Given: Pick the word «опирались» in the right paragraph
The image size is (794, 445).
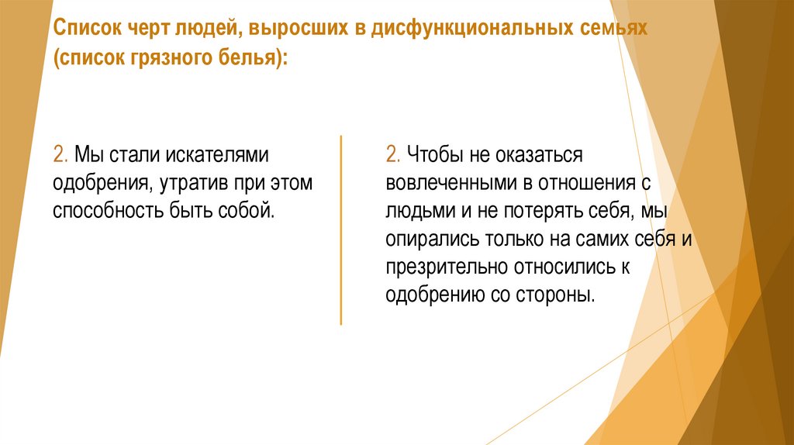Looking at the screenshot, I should pos(423,239).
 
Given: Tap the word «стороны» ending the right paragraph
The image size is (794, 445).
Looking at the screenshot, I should pos(561,295).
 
